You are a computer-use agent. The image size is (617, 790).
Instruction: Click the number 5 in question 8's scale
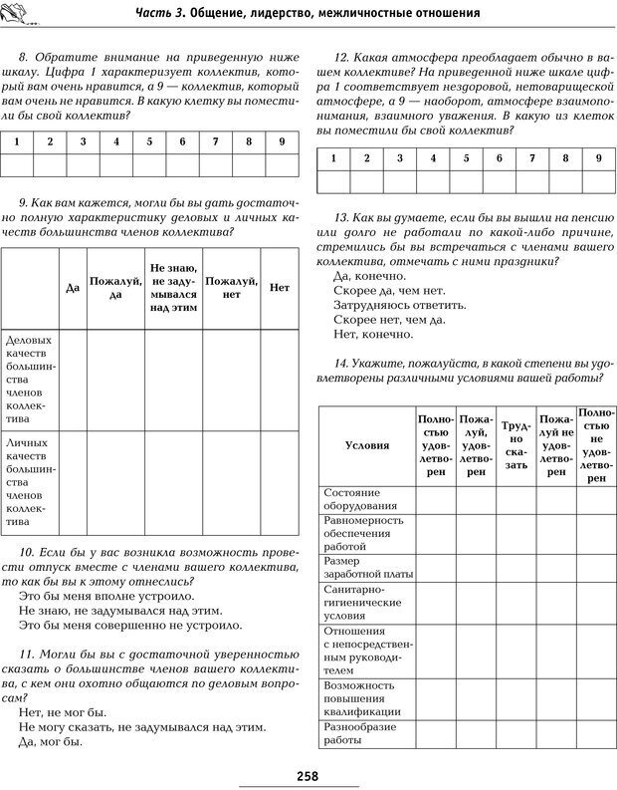click(x=149, y=141)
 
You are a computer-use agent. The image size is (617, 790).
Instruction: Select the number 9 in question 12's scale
click(x=598, y=158)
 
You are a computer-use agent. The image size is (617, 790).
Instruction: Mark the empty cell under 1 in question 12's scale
click(x=333, y=180)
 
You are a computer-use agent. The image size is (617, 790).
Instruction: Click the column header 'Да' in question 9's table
click(x=72, y=288)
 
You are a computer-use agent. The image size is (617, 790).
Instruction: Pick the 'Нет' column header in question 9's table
click(x=280, y=288)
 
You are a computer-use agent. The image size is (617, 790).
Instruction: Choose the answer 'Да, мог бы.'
click(x=51, y=742)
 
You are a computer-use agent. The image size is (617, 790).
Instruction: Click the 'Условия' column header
click(x=366, y=445)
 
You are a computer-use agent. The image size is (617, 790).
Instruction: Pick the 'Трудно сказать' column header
click(x=515, y=445)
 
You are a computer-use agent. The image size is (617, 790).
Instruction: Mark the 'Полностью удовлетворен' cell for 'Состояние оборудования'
click(x=435, y=498)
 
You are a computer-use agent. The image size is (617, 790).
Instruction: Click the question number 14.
click(x=343, y=364)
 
